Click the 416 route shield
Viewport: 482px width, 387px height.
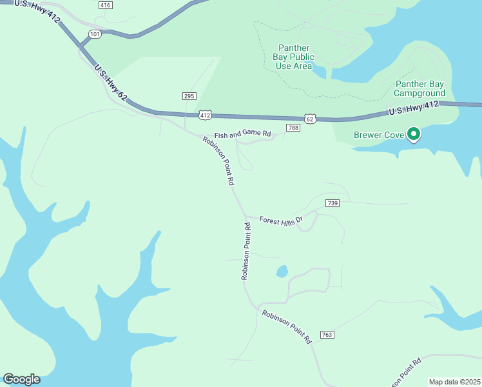106,5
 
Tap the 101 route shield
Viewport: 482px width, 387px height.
95,34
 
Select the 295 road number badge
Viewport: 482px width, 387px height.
189,96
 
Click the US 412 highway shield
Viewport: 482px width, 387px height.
205,115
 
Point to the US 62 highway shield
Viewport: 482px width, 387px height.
311,119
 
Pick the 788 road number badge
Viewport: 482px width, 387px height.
293,128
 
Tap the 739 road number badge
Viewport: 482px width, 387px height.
333,203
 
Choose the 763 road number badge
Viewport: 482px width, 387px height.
327,335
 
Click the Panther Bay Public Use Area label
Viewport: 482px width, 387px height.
294,57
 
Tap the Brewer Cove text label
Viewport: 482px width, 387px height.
379,135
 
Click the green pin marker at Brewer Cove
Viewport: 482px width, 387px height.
413,134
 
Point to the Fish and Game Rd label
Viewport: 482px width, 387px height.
244,134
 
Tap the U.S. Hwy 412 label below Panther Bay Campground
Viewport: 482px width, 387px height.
414,108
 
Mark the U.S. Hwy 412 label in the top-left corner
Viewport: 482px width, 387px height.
37,12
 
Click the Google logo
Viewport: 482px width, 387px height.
21,379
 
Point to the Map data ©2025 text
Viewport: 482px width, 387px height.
454,382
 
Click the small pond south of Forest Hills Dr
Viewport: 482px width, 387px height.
282,272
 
